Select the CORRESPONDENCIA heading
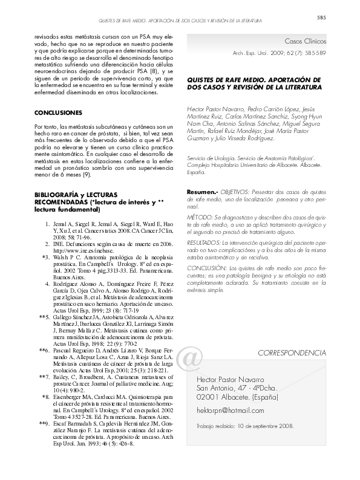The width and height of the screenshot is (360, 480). click(x=292, y=352)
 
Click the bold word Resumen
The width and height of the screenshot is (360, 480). click(x=201, y=191)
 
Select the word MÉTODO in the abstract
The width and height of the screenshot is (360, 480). click(x=200, y=216)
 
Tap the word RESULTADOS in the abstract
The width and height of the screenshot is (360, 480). click(x=203, y=240)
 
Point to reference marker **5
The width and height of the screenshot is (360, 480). click(x=44, y=317)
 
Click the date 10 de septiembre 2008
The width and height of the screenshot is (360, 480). click(x=259, y=426)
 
